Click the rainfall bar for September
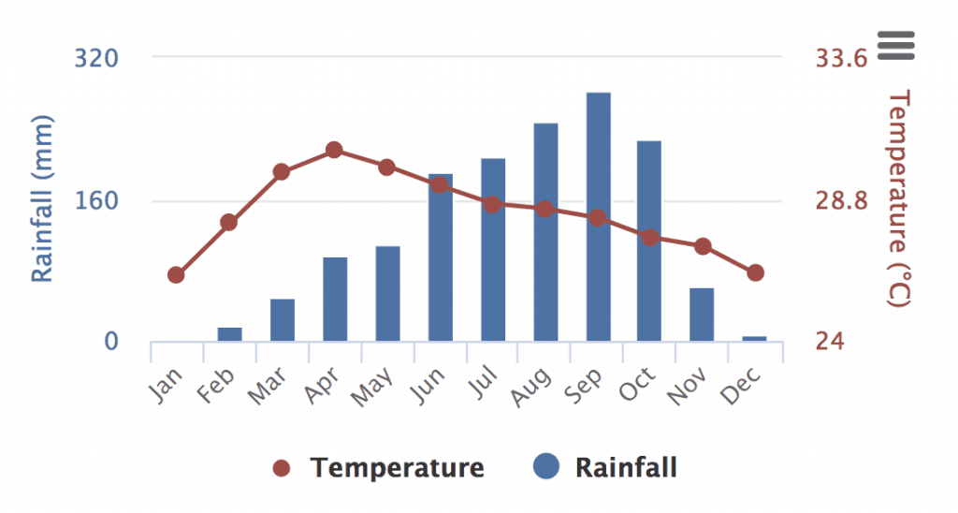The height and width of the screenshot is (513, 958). pos(599,216)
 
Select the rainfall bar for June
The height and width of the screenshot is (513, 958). pos(441,257)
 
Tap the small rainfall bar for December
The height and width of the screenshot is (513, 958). pos(755,338)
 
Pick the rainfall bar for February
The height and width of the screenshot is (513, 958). pos(229,334)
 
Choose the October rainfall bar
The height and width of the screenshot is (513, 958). pos(649,241)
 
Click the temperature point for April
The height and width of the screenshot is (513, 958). pos(334,150)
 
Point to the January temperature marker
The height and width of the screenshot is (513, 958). pos(176,275)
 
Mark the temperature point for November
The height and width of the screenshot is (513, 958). pos(703,246)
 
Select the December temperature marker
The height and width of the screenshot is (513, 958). pos(755,272)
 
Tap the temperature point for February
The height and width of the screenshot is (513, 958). pos(228,223)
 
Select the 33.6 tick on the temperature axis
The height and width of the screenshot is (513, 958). pos(842,58)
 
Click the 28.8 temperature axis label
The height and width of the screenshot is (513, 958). pos(842,201)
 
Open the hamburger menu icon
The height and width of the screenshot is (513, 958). pos(895,45)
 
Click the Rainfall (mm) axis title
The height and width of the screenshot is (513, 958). pos(43,198)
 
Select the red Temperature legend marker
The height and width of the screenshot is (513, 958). pos(283,467)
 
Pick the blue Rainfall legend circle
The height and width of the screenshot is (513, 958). pos(546,466)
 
